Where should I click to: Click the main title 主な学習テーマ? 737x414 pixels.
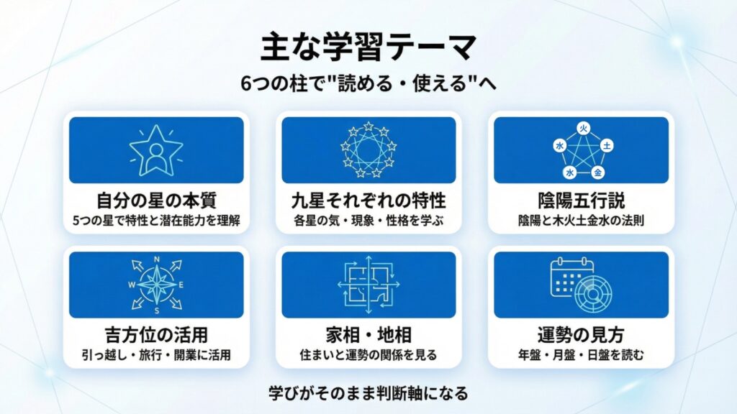[x=368, y=47]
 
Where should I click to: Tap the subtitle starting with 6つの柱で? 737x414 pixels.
[x=368, y=84]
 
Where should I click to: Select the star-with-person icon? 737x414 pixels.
[x=156, y=150]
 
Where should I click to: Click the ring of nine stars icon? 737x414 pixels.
[x=368, y=150]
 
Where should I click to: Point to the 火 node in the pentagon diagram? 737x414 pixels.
[x=583, y=129]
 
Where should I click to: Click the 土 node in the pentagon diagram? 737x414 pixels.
[x=607, y=146]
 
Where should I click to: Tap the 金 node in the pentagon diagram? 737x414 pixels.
[x=597, y=172]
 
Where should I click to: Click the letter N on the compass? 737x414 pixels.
[x=157, y=259]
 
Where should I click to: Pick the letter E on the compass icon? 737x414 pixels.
[x=181, y=285]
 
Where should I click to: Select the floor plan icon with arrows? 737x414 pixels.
[x=368, y=285]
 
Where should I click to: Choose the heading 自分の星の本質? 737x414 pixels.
[x=156, y=201]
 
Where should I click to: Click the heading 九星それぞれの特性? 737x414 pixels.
[x=368, y=201]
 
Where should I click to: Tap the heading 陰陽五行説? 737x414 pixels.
[x=582, y=201]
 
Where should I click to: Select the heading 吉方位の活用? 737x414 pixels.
[x=156, y=335]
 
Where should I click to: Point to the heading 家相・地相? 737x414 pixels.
[x=368, y=335]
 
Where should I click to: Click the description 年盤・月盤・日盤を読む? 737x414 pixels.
[x=582, y=355]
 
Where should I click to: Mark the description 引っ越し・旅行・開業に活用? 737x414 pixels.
[x=156, y=355]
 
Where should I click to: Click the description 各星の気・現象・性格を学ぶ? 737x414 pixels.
[x=368, y=220]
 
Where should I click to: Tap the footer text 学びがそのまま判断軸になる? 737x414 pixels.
[x=368, y=393]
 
